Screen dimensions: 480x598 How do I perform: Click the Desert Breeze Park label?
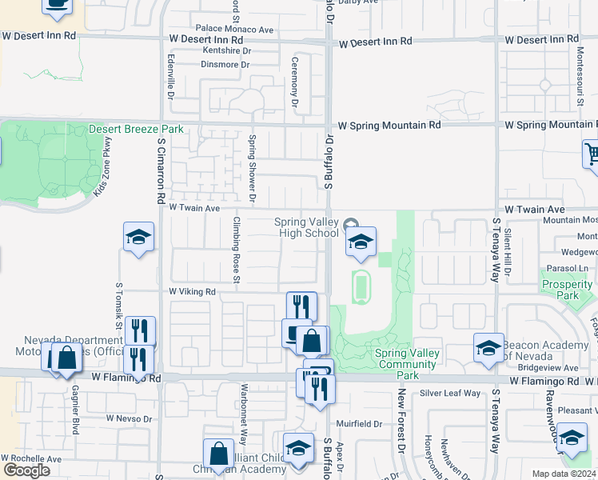click(x=136, y=129)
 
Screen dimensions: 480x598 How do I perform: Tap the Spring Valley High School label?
click(x=306, y=227)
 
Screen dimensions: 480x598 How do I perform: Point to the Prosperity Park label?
click(x=566, y=290)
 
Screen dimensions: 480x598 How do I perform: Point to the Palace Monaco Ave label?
click(x=229, y=30)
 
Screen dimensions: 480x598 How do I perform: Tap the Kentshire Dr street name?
click(x=226, y=51)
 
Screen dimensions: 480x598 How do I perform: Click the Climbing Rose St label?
click(x=237, y=249)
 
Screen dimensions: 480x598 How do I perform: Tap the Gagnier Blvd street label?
click(x=76, y=411)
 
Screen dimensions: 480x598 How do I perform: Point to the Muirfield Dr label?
click(x=359, y=423)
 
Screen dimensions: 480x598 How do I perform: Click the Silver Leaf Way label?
click(x=450, y=393)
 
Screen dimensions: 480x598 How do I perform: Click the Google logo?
click(x=26, y=470)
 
